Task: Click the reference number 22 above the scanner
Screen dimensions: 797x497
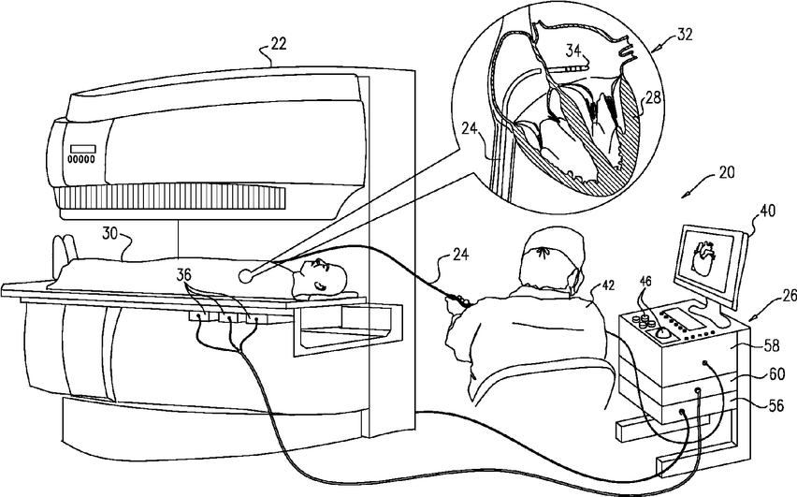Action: pos(280,43)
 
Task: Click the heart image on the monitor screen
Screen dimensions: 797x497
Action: pos(703,254)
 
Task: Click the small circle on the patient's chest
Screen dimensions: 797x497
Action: pos(246,276)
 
